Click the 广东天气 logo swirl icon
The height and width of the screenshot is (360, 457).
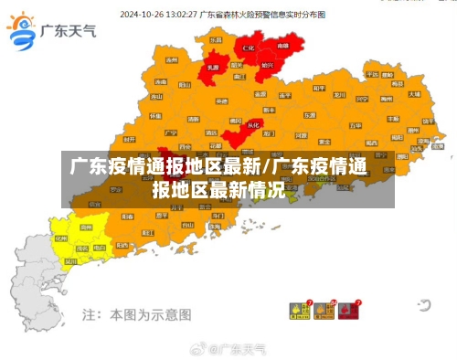tap(21, 33)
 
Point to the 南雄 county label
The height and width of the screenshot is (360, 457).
tap(282, 45)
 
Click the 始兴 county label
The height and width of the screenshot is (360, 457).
tap(267, 66)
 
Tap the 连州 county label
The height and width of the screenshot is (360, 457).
tap(172, 59)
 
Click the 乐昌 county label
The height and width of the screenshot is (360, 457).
tap(216, 41)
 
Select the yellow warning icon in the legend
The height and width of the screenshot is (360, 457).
tap(298, 311)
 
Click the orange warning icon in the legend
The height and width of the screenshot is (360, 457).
tap(323, 311)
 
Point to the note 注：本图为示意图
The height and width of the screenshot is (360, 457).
tap(137, 313)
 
